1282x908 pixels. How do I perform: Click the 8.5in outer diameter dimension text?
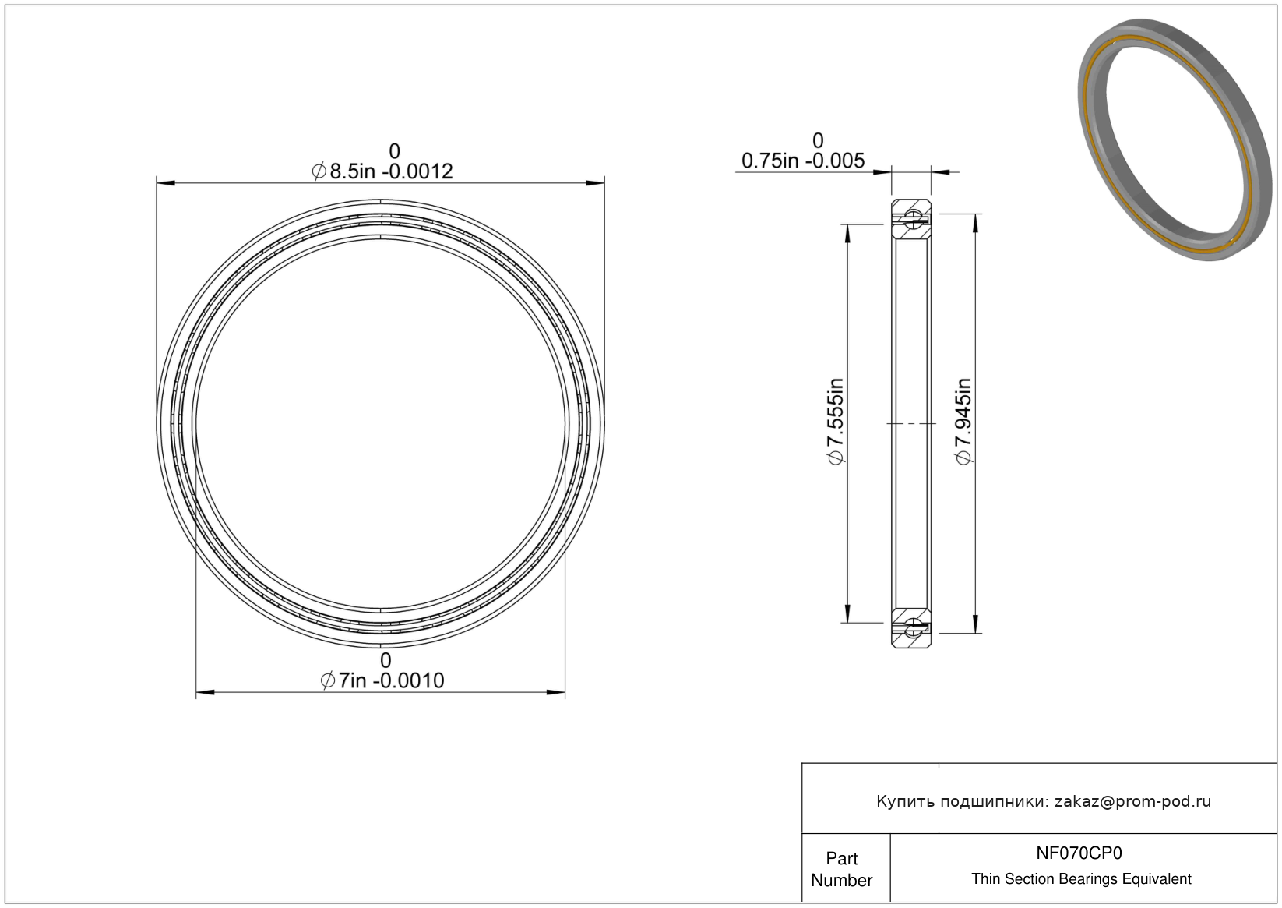click(382, 171)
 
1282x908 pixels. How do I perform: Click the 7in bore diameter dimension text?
click(382, 680)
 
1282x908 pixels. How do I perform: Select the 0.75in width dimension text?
click(803, 161)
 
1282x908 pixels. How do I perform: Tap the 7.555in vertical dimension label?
click(836, 422)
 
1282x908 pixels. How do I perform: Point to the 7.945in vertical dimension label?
click(963, 422)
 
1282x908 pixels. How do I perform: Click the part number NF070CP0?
click(1079, 853)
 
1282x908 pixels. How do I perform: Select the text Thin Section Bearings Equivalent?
click(1081, 879)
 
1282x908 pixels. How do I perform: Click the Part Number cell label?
click(842, 869)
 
